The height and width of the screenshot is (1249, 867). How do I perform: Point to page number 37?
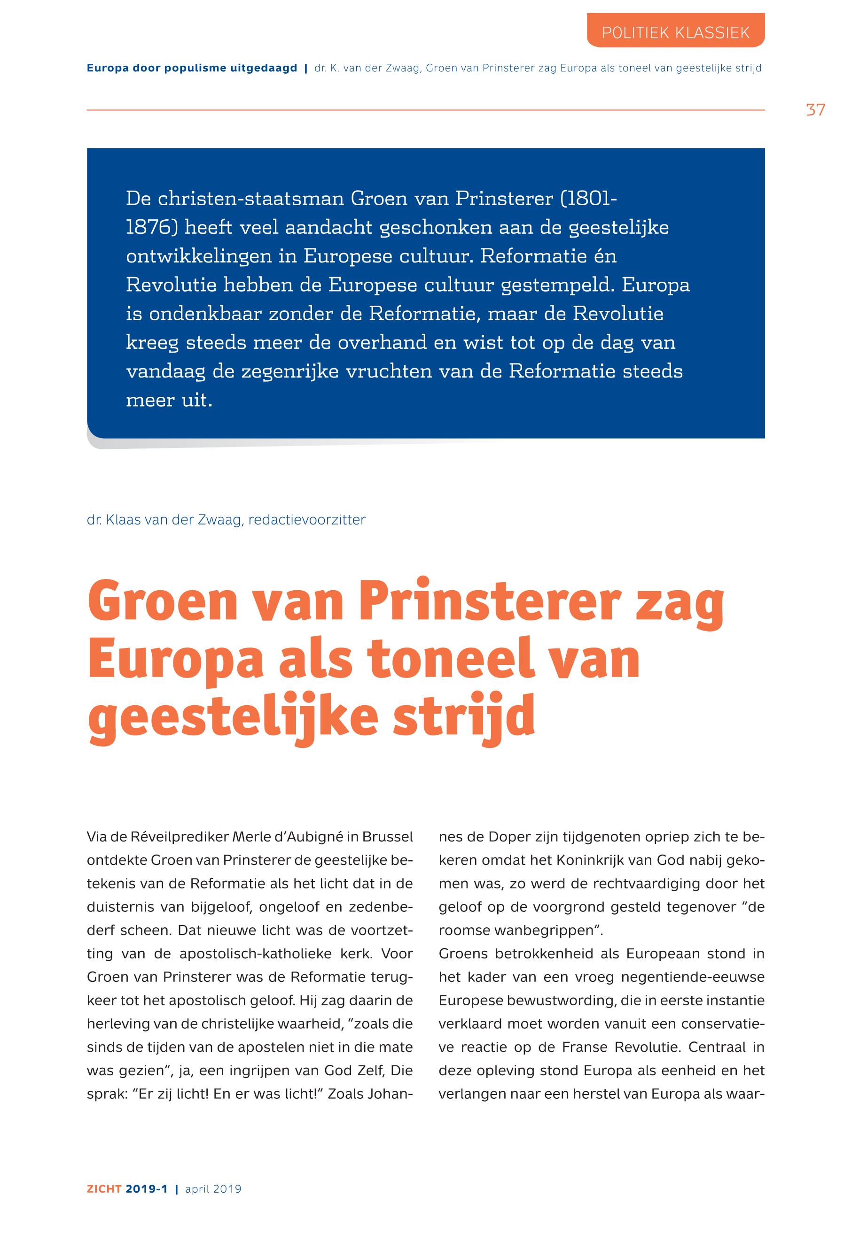(x=815, y=110)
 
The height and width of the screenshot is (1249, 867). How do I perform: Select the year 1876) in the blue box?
(x=152, y=227)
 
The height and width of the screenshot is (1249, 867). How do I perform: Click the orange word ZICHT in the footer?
(x=104, y=1189)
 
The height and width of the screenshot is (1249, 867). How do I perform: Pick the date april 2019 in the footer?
(x=213, y=1189)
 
